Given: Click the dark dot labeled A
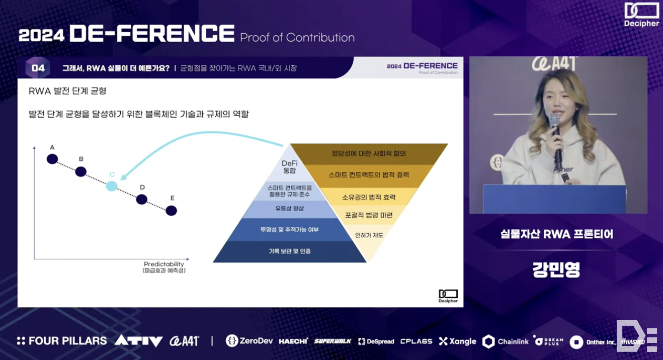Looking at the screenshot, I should click(x=52, y=159).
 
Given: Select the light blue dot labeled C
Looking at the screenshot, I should click(x=112, y=186).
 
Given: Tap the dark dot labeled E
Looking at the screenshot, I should click(x=171, y=211).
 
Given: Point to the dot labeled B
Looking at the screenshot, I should click(x=81, y=171).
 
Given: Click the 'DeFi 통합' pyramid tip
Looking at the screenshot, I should click(x=290, y=167).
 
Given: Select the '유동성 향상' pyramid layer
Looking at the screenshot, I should click(x=289, y=209).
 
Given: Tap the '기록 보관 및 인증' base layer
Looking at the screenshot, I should click(x=289, y=251).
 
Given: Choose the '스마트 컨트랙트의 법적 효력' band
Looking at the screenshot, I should click(x=369, y=175).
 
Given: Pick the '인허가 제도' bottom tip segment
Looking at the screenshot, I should click(x=369, y=235).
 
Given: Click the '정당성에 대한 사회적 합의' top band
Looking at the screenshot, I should click(x=369, y=153).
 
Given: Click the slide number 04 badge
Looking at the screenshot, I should click(x=38, y=68).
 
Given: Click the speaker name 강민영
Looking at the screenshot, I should click(x=556, y=269).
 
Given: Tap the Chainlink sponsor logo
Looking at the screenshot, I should click(x=506, y=341).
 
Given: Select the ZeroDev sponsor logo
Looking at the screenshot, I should click(x=249, y=341).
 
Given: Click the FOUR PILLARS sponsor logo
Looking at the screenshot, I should click(x=62, y=341).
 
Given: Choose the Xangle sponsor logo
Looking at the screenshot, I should click(x=457, y=341).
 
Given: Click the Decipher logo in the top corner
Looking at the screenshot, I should click(x=641, y=15).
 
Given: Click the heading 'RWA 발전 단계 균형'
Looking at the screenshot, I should click(x=68, y=92).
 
